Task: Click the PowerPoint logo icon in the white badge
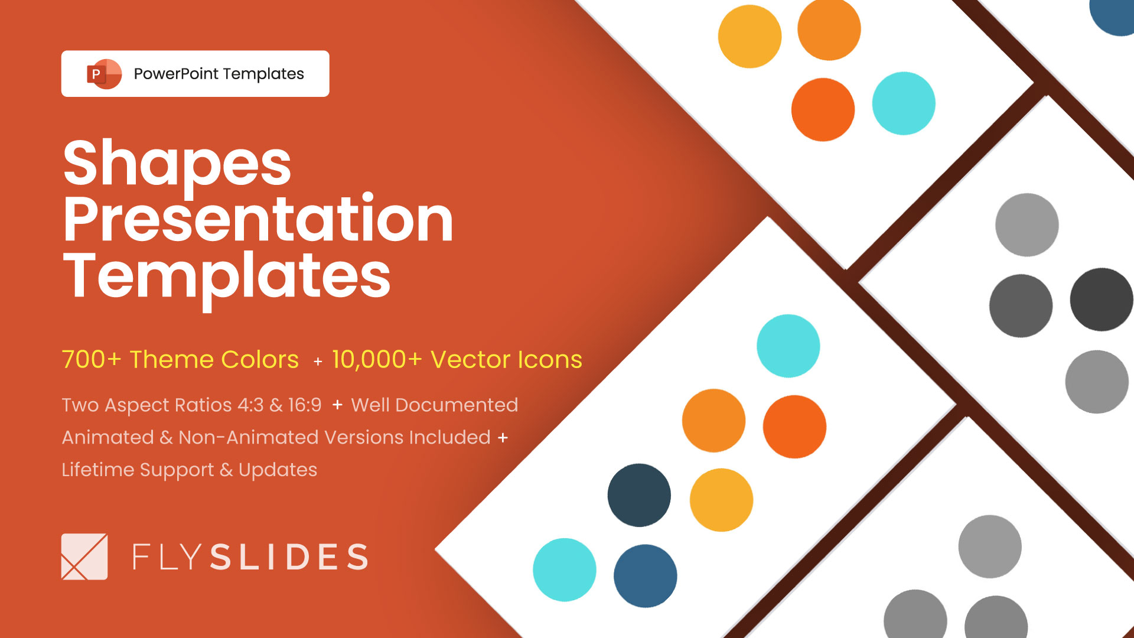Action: point(104,74)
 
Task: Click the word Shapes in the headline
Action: point(177,164)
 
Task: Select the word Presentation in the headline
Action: point(258,220)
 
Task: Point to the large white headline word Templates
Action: point(227,275)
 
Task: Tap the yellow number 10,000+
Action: point(377,359)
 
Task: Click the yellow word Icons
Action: point(550,359)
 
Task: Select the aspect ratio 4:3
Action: point(250,405)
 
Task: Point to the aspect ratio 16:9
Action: point(305,405)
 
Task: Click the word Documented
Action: point(457,405)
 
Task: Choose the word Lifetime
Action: point(98,470)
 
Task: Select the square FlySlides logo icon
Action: point(84,556)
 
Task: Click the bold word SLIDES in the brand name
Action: point(289,557)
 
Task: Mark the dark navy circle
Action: point(639,495)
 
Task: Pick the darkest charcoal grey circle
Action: point(1102,300)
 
